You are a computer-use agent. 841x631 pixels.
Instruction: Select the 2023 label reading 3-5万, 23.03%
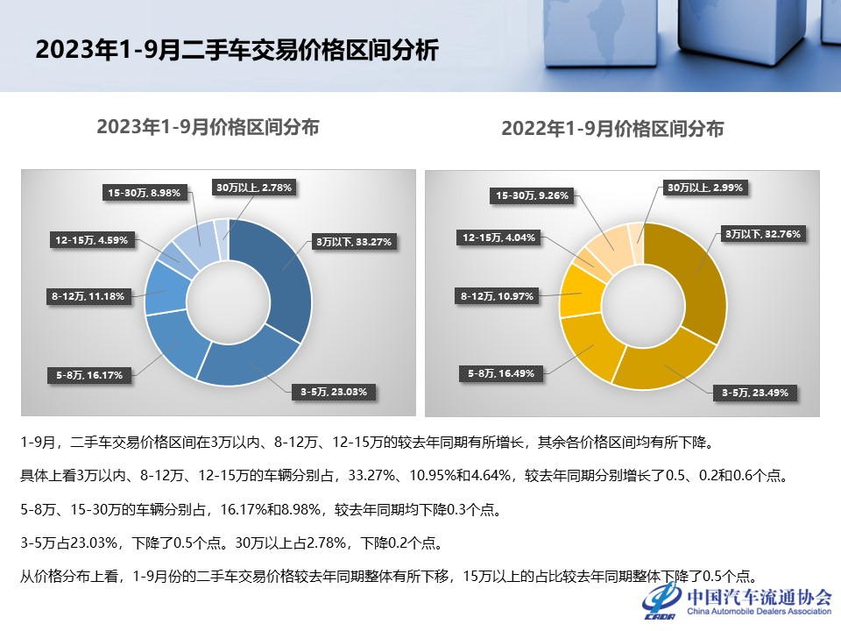coord(335,391)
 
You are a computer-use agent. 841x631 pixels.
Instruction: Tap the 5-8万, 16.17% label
coord(90,375)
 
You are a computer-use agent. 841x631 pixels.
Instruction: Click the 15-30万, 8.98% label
coord(146,193)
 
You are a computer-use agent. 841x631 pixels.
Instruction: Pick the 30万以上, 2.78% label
coord(254,187)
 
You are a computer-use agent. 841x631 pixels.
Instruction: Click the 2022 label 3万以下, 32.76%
coord(763,234)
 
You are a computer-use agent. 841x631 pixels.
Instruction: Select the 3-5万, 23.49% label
coord(755,393)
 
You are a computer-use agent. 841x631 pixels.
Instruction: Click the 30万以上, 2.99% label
coord(704,187)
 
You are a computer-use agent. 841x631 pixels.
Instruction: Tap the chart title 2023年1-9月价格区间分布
coord(208,127)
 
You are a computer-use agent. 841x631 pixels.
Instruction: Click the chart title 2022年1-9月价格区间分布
coord(612,129)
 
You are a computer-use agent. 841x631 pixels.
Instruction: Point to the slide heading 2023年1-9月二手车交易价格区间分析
coord(237,49)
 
